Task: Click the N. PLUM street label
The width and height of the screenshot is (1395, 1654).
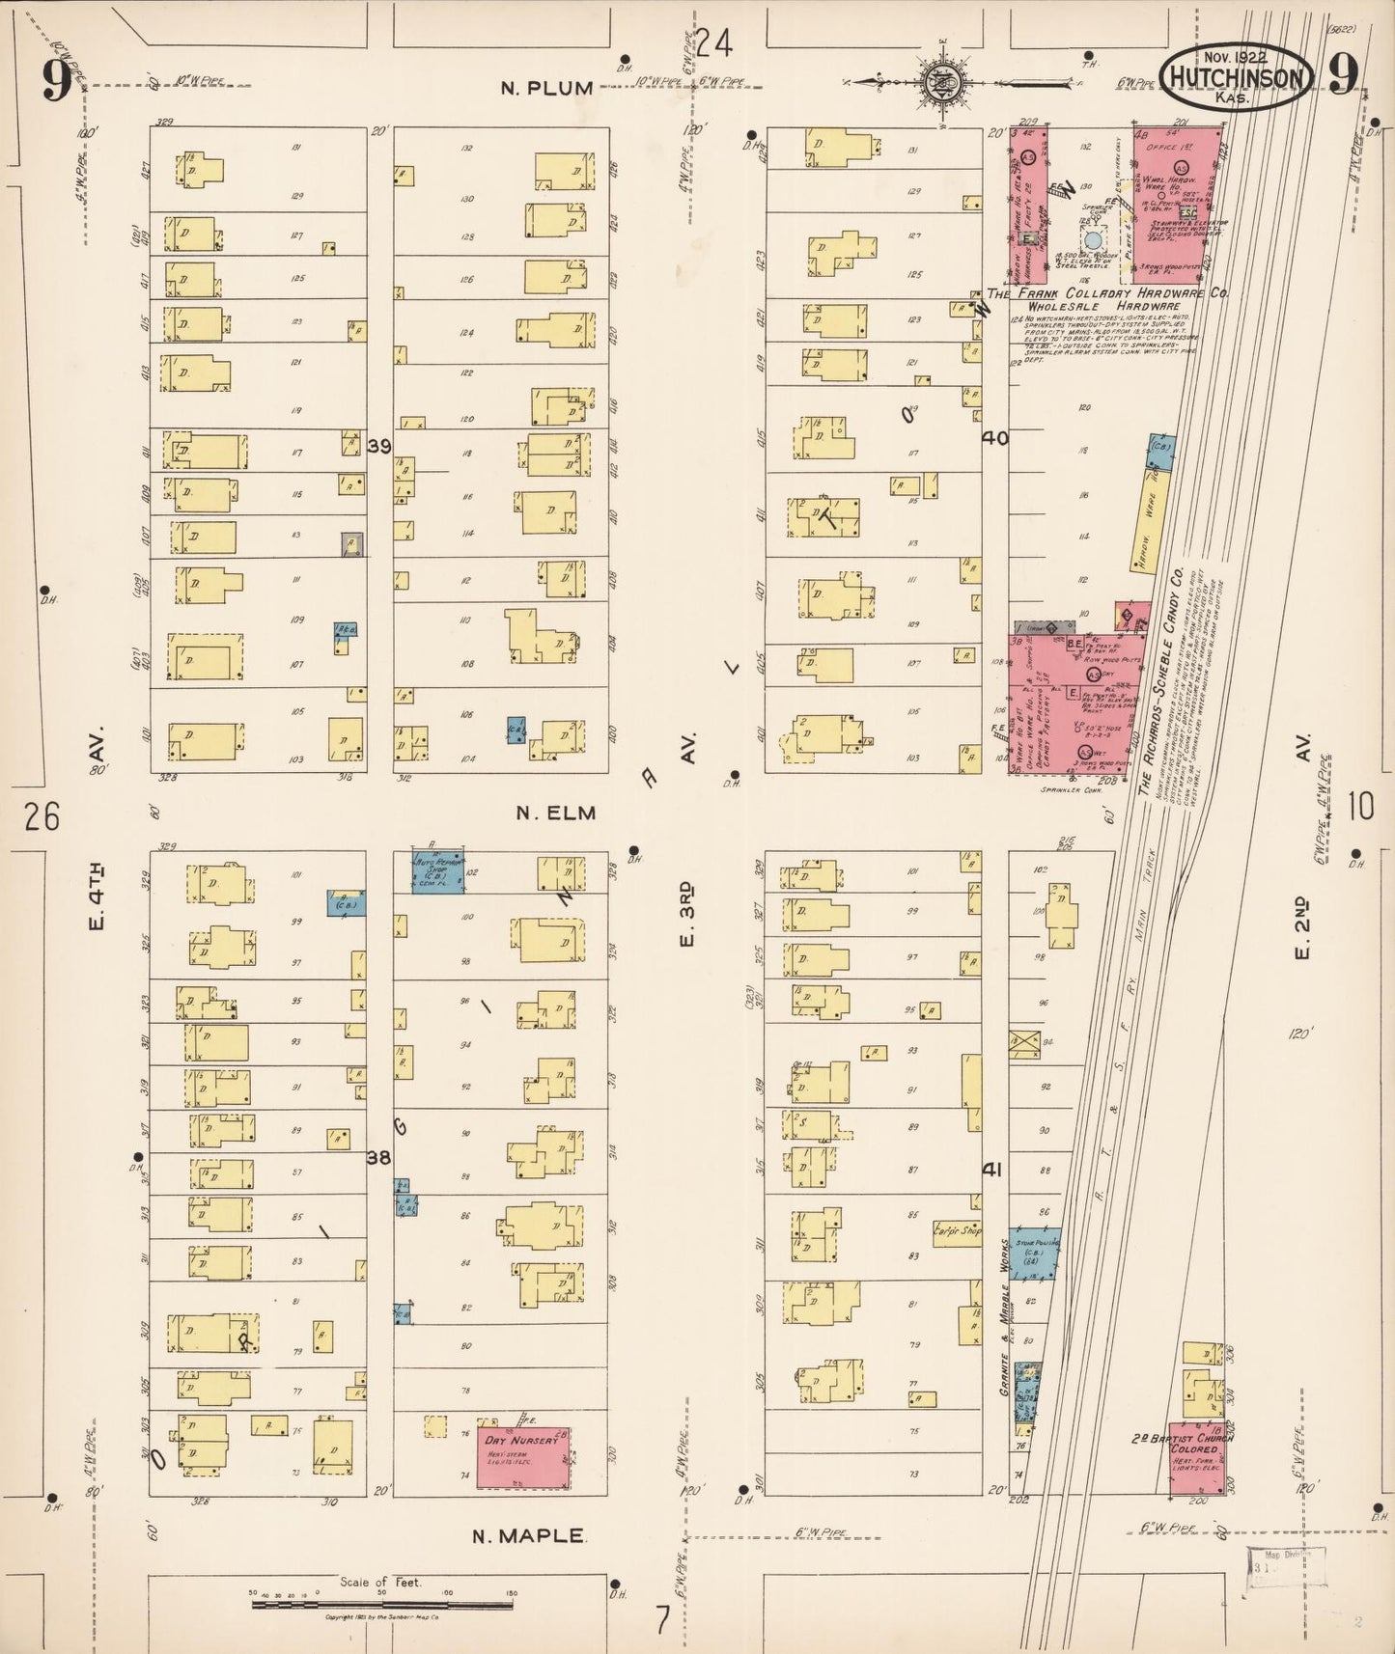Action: coord(546,88)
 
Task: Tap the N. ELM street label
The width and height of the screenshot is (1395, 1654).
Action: coord(555,813)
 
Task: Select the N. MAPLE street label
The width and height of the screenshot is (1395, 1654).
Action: coord(527,1536)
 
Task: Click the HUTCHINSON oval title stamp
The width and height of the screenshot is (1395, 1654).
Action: coord(1237,77)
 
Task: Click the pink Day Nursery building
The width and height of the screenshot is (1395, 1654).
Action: coord(523,1456)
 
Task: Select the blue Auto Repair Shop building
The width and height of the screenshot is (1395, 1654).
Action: coord(439,871)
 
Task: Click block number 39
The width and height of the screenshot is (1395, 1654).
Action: coord(379,446)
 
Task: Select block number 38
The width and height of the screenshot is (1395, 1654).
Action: coord(378,1157)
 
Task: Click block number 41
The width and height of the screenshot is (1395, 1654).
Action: coord(991,1170)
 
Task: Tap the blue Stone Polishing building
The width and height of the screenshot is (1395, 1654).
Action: coord(1035,1252)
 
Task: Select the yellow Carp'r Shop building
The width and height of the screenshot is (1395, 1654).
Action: coord(956,1230)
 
